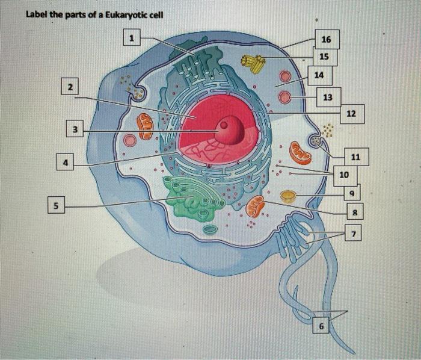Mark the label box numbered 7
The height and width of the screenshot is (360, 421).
354,233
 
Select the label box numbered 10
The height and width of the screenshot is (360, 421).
343,175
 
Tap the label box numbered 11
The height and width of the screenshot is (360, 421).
355,157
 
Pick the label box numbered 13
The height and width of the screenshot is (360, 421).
327,97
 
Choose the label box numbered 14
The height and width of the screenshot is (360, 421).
319,75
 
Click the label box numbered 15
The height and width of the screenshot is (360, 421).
324,57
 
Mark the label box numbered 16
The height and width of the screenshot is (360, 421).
326,40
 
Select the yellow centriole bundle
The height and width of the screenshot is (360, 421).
254,63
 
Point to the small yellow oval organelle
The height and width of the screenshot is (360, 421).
289,196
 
